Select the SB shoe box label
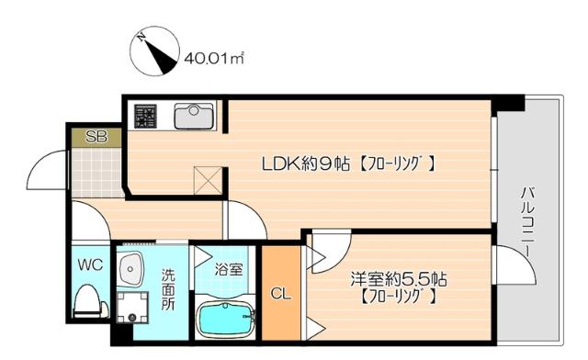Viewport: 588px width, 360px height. click(x=95, y=137)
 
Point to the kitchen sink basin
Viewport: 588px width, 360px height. click(x=193, y=116)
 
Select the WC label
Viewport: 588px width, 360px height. click(x=89, y=264)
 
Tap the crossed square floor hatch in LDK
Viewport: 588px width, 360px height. click(x=206, y=177)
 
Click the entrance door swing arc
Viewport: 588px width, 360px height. click(x=47, y=170)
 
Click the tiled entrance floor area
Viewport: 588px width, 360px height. click(x=96, y=172)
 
